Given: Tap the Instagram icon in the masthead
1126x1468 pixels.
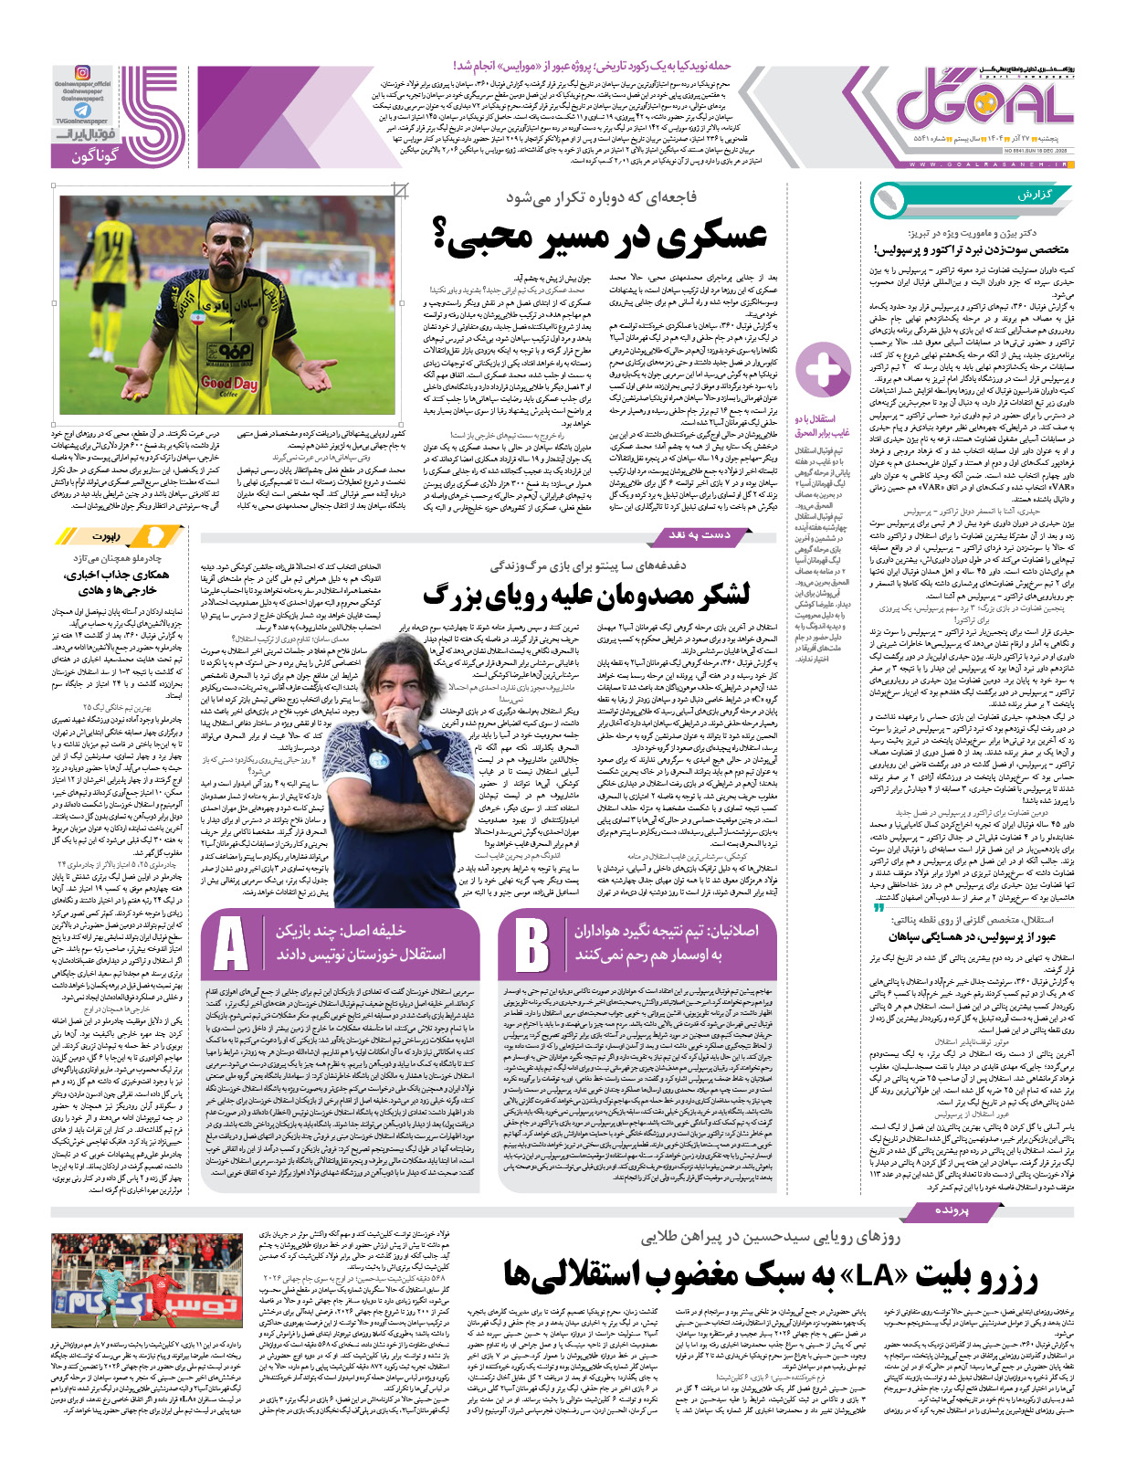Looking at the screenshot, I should pyautogui.click(x=82, y=71).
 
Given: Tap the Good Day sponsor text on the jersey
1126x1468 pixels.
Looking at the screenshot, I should pyautogui.click(x=228, y=384).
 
